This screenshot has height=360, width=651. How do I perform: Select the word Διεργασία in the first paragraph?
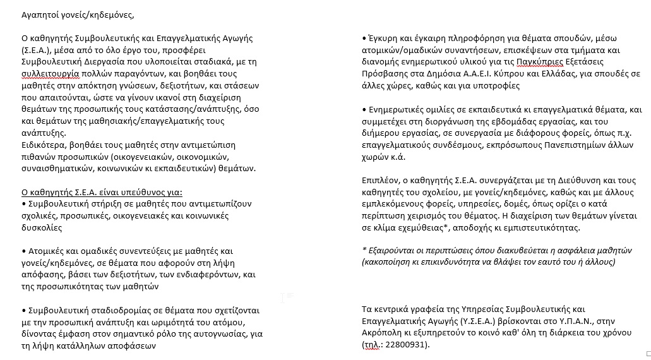click(100, 61)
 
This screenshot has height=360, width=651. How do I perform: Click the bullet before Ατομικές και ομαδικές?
click(23, 251)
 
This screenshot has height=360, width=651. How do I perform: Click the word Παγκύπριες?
click(539, 62)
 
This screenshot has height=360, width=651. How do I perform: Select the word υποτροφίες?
click(498, 85)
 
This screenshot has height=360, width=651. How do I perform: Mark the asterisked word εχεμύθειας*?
click(417, 227)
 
